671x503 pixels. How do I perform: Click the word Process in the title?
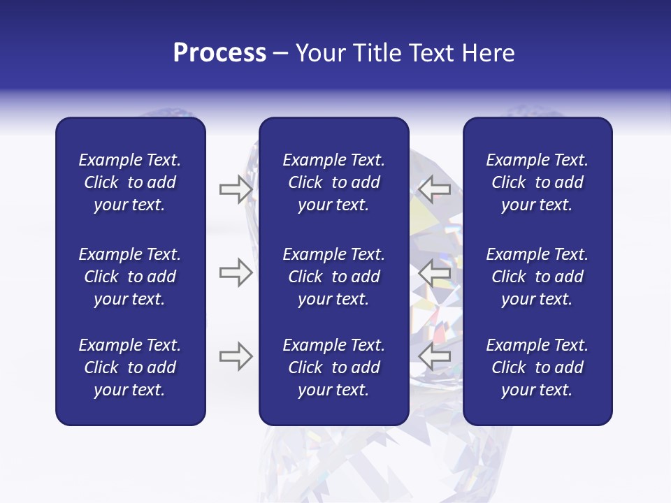(219, 52)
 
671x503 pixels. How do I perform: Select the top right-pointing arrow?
(236, 189)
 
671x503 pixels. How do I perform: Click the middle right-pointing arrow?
(236, 272)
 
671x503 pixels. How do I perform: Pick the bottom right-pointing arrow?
(236, 356)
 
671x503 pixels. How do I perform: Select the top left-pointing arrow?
(434, 189)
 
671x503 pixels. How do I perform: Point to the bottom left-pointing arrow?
(434, 356)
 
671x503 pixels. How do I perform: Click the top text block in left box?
(130, 182)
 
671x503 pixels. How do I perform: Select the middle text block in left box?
(130, 277)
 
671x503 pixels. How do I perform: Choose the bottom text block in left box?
(130, 367)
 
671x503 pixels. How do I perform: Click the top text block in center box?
(333, 182)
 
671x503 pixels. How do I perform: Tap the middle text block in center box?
(333, 277)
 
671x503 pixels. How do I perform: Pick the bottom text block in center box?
(333, 367)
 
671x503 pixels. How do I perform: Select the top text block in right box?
(537, 182)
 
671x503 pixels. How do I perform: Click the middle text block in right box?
(537, 277)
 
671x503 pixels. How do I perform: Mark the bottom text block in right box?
(537, 367)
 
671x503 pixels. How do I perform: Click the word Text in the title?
(431, 52)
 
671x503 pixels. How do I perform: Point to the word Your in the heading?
(321, 52)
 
